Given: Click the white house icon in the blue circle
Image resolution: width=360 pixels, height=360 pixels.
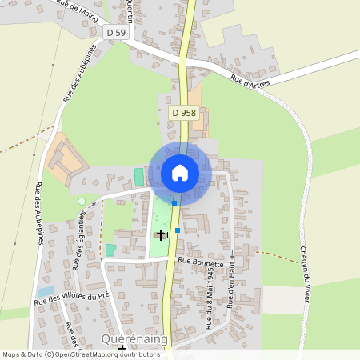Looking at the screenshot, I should point(180,172).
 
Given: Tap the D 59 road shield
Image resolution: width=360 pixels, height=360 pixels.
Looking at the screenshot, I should point(116,32).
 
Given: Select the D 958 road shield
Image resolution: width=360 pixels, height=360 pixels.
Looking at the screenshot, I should point(183,114).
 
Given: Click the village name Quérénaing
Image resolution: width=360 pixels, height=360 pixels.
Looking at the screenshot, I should point(134,339).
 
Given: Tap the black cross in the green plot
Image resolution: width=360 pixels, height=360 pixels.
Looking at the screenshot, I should point(162,234).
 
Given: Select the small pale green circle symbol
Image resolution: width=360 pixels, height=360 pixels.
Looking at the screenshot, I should point(81,202).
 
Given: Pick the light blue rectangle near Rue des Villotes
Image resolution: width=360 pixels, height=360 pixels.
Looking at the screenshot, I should point(46,291).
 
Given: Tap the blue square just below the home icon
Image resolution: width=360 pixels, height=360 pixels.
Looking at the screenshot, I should point(174,203).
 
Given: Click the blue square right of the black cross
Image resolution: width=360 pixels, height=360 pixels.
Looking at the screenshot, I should point(178,230).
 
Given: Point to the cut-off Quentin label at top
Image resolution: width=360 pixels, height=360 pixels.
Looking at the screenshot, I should point(130,10).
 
